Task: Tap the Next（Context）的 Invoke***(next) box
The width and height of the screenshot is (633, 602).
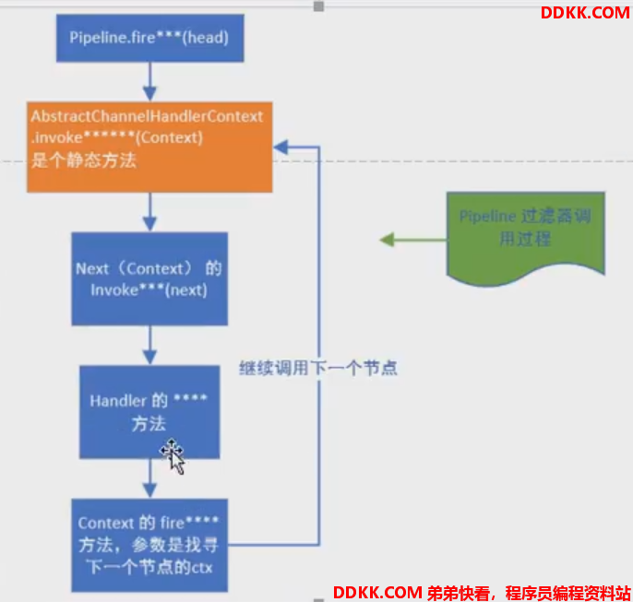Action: (149, 278)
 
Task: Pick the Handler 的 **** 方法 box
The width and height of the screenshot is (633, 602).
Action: (149, 412)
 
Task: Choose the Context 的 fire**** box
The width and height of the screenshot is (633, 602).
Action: (149, 545)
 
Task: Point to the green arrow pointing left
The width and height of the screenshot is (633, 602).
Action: (412, 239)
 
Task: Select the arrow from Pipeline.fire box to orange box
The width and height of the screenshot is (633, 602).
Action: (149, 82)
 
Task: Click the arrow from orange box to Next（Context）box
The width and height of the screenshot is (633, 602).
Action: (149, 212)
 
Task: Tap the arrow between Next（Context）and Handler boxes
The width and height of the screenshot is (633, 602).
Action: (149, 346)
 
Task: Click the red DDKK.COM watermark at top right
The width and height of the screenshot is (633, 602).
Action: (585, 12)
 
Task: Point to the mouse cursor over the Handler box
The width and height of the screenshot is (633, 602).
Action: (173, 454)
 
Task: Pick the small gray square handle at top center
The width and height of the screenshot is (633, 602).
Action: (319, 6)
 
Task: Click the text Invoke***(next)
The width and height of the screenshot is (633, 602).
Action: (149, 289)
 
